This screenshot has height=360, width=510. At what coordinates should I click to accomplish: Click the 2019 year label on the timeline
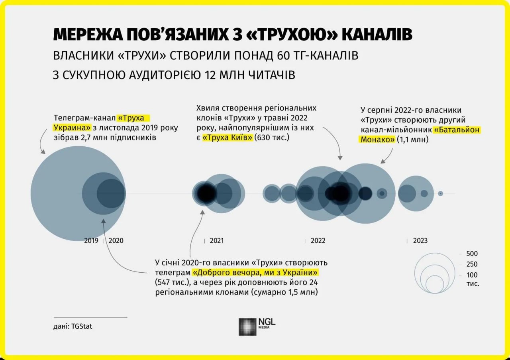[91, 241]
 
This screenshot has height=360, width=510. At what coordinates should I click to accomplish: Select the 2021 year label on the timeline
[217, 241]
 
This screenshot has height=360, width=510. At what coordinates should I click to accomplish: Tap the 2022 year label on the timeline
[318, 241]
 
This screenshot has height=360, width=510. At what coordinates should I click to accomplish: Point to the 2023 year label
[420, 241]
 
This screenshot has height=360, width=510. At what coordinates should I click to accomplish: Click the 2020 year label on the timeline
[116, 241]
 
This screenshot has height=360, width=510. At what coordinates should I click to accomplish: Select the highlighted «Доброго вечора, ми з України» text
[256, 273]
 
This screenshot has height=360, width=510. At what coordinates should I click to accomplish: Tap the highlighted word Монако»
[377, 140]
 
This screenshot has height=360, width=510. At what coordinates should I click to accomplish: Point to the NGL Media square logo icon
[247, 327]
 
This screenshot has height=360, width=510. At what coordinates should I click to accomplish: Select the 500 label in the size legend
[472, 254]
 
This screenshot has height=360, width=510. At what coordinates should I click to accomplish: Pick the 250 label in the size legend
[472, 264]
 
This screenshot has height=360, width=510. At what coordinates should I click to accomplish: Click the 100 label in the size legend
[472, 275]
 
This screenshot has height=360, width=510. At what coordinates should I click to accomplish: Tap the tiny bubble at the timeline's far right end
[440, 193]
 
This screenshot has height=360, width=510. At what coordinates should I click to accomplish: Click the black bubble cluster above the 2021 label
[206, 193]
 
